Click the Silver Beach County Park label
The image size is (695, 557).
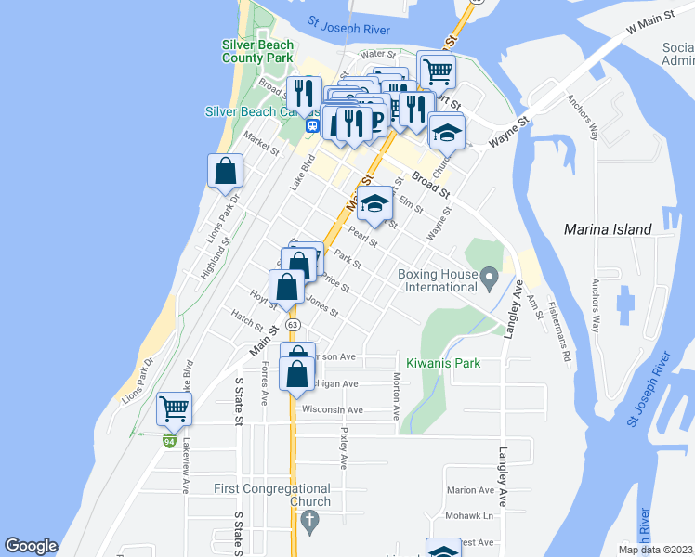(257, 51)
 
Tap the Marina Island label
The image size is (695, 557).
(608, 229)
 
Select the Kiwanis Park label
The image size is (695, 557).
(443, 363)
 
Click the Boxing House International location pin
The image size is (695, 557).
(491, 276)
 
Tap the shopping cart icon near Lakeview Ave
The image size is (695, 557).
(174, 408)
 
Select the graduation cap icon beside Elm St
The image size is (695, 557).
(374, 204)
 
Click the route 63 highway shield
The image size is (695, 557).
(293, 325)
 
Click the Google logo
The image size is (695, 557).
(31, 546)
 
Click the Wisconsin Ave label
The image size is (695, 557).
(332, 409)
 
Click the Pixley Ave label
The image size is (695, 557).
(343, 447)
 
